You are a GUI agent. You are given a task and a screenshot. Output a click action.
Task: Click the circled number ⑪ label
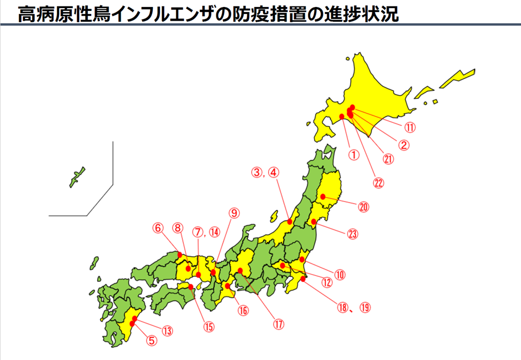(409, 128)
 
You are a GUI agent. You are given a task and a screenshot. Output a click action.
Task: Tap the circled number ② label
(403, 145)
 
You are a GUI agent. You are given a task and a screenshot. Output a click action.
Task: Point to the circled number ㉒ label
(378, 182)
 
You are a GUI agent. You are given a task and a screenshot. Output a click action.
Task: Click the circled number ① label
(354, 154)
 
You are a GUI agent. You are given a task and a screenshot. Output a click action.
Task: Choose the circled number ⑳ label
(363, 207)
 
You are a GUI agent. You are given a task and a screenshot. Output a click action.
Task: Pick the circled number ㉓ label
(353, 235)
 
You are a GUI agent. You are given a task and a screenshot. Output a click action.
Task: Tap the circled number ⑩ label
(340, 274)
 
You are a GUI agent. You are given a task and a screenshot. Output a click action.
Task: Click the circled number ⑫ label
(326, 282)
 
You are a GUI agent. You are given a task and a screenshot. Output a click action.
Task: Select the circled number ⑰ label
(278, 324)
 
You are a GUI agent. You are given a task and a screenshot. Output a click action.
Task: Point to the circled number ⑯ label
(242, 311)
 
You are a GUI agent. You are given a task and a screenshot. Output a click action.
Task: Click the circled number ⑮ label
(208, 327)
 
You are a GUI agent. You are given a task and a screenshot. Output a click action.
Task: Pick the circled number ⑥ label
(158, 229)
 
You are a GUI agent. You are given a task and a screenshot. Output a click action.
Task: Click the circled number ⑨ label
(233, 213)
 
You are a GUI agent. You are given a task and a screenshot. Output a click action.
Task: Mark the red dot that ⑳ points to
(323, 197)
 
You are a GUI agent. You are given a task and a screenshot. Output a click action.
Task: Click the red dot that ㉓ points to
(314, 222)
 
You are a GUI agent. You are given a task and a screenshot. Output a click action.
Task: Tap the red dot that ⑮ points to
(191, 287)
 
